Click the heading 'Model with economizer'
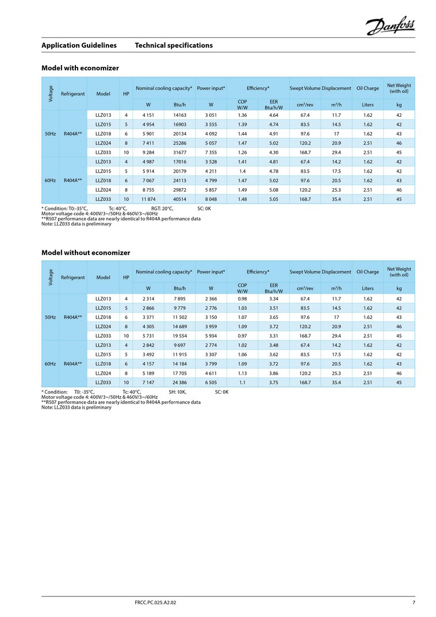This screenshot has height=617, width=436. click(x=80, y=68)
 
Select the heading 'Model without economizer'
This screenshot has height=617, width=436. click(x=86, y=253)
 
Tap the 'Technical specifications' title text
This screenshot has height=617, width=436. click(x=174, y=45)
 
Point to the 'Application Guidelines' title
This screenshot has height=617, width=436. click(x=79, y=45)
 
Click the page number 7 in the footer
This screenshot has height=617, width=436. click(x=414, y=603)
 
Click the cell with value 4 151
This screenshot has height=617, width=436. click(x=148, y=115)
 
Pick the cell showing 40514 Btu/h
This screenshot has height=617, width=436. click(x=180, y=199)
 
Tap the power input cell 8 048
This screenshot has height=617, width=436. click(x=211, y=199)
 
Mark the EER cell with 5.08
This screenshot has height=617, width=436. click(x=274, y=189)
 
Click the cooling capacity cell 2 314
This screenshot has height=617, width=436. click(x=148, y=299)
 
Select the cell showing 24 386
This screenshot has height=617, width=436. click(x=180, y=383)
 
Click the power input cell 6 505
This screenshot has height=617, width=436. click(x=211, y=383)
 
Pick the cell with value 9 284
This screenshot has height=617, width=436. click(x=148, y=153)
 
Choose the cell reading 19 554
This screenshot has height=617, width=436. click(x=180, y=336)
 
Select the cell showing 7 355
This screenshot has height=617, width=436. click(x=211, y=153)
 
